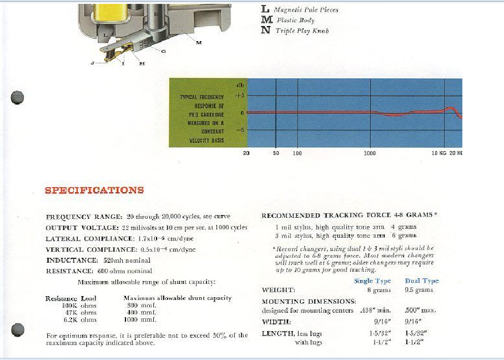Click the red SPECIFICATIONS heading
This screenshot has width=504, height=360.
94,190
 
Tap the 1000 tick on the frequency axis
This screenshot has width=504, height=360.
370,153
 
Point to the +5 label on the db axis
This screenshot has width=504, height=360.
240,96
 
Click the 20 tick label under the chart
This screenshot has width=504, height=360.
246,153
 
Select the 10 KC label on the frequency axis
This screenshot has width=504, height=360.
439,153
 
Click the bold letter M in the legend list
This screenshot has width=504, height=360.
267,20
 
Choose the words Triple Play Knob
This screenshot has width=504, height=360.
302,31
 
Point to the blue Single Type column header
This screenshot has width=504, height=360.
372,281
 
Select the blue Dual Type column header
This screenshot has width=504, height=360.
421,281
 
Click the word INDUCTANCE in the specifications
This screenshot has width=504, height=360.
69,260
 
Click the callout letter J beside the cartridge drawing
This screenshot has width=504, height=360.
92,63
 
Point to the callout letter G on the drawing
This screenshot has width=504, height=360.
163,51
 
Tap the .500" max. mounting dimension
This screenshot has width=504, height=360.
421,310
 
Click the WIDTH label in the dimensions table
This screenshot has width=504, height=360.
276,322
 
